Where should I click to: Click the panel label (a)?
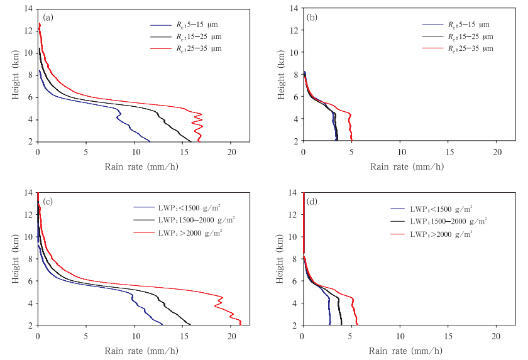click(x=48, y=17)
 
